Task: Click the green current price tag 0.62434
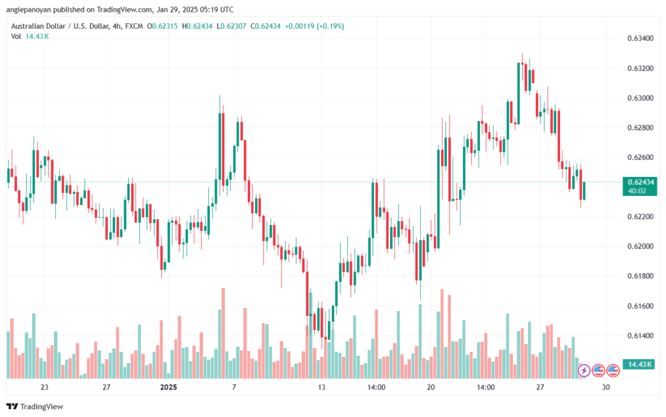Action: (x=638, y=182)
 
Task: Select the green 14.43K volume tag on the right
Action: (x=637, y=364)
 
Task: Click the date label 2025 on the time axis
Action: (x=168, y=387)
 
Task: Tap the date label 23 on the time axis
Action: (x=44, y=387)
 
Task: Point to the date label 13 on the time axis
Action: (x=320, y=387)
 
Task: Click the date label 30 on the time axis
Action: (x=606, y=387)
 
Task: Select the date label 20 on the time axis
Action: (x=431, y=387)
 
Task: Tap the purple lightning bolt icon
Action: (x=584, y=370)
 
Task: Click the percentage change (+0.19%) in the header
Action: (x=330, y=26)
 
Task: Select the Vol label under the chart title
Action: (x=16, y=36)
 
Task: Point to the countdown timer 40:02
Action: (x=637, y=191)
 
